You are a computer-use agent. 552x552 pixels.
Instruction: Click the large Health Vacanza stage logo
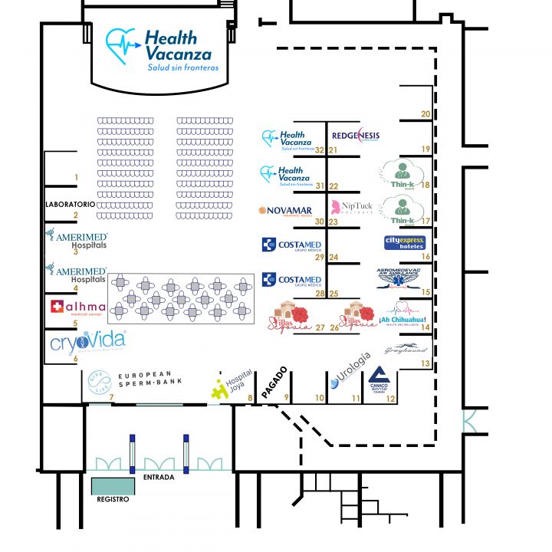[x=162, y=50]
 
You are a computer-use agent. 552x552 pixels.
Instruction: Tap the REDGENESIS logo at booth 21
[x=355, y=136]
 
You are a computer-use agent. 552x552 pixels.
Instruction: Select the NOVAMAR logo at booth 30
[x=291, y=211]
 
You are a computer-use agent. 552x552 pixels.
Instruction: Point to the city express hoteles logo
[x=404, y=243]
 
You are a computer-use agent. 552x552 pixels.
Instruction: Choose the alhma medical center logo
[x=76, y=308]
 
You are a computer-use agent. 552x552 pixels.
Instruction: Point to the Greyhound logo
[x=406, y=350]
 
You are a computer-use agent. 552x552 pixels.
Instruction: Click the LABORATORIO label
[x=70, y=205]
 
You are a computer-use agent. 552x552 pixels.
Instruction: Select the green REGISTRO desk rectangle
[x=113, y=485]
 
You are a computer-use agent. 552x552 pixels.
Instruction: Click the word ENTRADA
[x=159, y=477]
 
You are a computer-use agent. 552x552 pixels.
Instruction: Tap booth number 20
[x=426, y=114]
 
